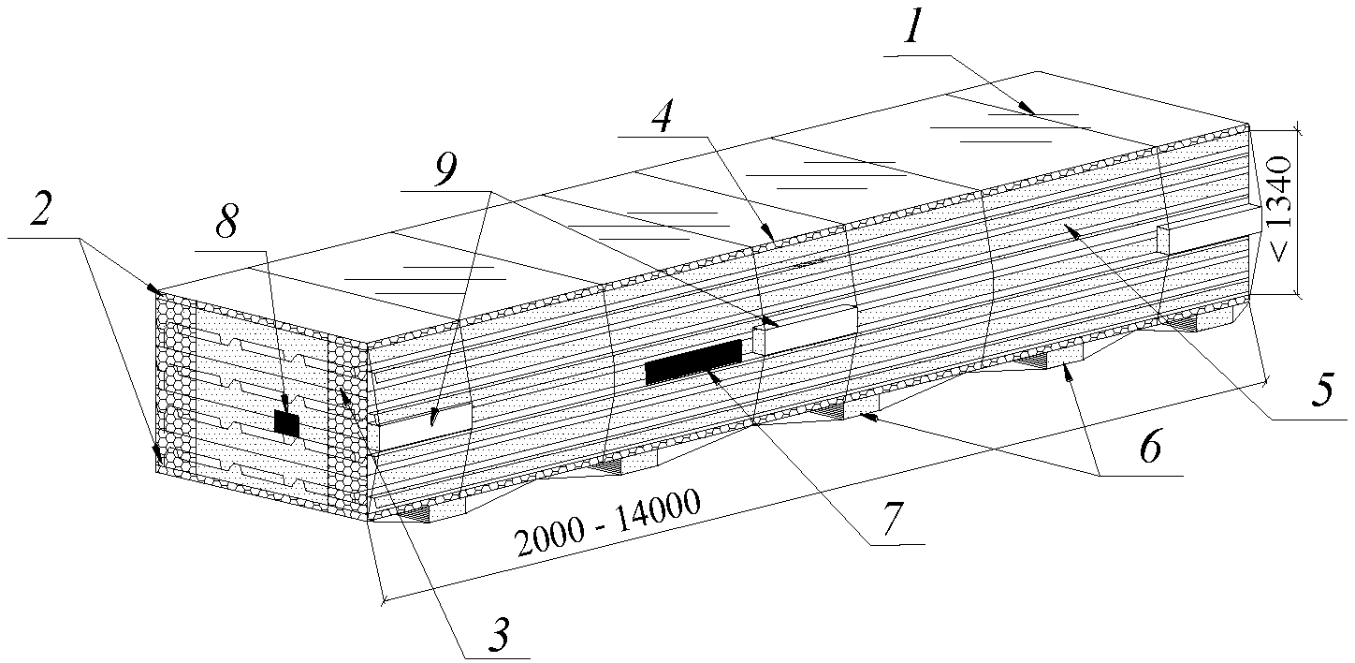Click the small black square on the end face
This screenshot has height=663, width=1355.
coord(286,424)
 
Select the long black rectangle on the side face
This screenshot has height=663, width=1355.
coord(693,361)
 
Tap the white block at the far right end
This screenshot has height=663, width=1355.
coord(1207,229)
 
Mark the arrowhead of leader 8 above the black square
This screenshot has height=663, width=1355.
coord(285,407)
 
